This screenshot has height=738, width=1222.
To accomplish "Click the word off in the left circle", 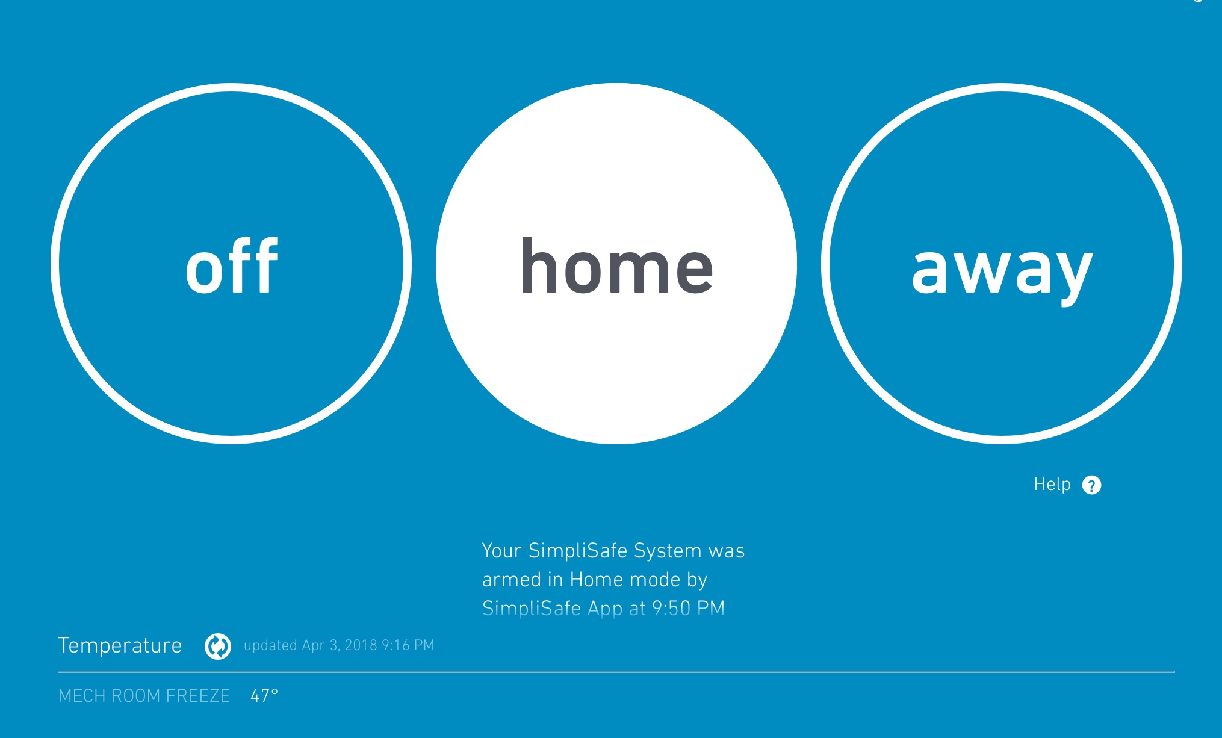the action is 232,265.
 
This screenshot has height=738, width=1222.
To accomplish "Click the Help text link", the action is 1052,484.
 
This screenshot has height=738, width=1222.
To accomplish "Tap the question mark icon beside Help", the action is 1091,485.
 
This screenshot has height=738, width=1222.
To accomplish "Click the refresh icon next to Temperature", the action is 218,647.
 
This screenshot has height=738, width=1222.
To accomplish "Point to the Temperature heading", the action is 120,645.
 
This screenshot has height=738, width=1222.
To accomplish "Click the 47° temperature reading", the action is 264,696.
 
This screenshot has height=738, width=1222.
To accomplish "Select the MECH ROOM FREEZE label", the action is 144,696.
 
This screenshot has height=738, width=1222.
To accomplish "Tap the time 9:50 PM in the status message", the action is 689,609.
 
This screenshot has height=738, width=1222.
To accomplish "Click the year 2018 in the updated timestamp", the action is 361,645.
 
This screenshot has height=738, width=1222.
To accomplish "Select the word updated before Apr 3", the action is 270,645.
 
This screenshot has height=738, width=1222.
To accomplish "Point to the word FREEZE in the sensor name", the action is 198,696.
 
